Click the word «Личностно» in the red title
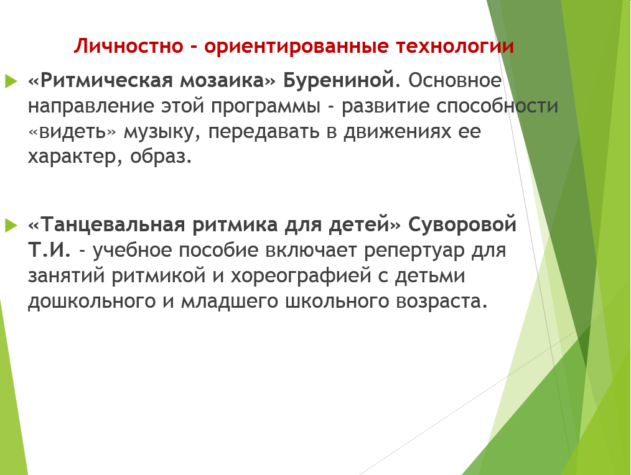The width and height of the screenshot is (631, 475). point(128,46)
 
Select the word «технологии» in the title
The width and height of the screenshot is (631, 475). point(455,46)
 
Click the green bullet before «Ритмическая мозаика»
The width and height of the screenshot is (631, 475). point(11,81)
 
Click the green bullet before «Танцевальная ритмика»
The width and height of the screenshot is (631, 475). point(11,225)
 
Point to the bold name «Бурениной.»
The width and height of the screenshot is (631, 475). point(342,81)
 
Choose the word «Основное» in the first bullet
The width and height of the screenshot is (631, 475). point(455,80)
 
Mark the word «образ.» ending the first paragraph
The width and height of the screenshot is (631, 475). point(161,157)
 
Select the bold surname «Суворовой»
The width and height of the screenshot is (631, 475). point(462,225)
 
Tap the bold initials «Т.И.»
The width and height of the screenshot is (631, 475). point(49,250)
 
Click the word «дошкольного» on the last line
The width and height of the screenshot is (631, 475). point(91,302)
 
